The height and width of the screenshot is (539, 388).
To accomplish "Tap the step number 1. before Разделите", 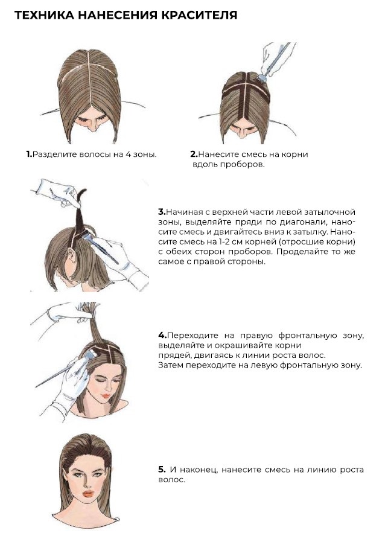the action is tap(30, 155).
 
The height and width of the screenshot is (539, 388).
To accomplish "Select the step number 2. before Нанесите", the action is tap(194, 155).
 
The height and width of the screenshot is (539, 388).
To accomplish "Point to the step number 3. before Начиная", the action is tap(162, 212).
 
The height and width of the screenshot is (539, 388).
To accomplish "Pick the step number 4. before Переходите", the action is tap(162, 335).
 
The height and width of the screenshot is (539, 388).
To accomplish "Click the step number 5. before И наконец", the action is tap(162, 469).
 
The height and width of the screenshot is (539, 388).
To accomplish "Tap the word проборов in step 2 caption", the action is tap(246, 164).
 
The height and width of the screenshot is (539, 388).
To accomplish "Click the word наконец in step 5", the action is tap(200, 470).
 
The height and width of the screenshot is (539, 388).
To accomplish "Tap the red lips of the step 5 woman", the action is tap(88, 494).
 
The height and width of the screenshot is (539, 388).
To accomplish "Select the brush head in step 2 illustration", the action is tap(263, 78).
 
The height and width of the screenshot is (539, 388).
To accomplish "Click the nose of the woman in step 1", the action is tap(92, 127).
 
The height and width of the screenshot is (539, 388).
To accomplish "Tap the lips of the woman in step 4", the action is tap(106, 395).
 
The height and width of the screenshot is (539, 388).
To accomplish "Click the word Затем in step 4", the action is tap(170, 365).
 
